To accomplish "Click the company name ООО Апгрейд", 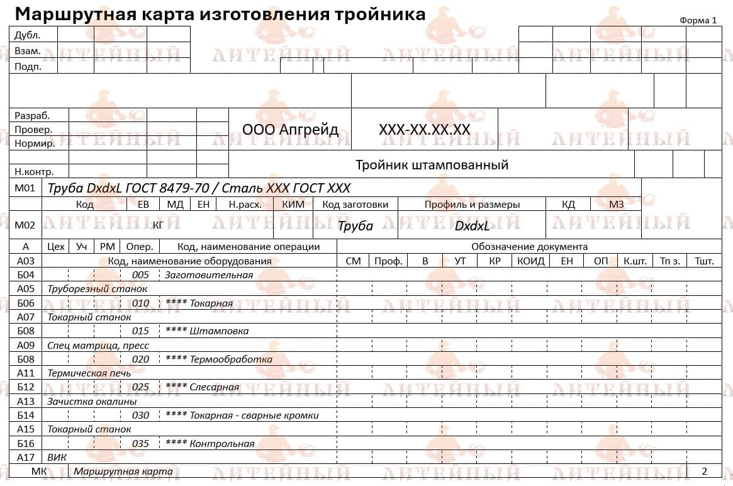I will pyautogui.click(x=290, y=130).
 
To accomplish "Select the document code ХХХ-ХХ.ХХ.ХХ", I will pyautogui.click(x=424, y=130).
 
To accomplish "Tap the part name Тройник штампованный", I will pyautogui.click(x=432, y=165).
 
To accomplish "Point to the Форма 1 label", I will pyautogui.click(x=698, y=20).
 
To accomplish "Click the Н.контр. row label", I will pyautogui.click(x=34, y=171).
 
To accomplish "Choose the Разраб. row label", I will pyautogui.click(x=32, y=116).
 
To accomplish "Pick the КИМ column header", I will pyautogui.click(x=293, y=204).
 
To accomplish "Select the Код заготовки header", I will pyautogui.click(x=355, y=204).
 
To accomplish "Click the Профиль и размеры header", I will pyautogui.click(x=472, y=204).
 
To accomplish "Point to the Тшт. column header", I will pyautogui.click(x=704, y=261).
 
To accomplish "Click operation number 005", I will pyautogui.click(x=140, y=274).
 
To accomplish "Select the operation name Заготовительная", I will pyautogui.click(x=209, y=274).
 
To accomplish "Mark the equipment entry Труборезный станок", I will pyautogui.click(x=98, y=288).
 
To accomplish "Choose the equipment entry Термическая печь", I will pyautogui.click(x=89, y=373).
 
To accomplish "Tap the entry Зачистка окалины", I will pyautogui.click(x=92, y=401).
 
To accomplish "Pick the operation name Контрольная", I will pyautogui.click(x=221, y=443).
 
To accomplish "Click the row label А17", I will pyautogui.click(x=26, y=457).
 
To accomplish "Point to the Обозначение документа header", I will pyautogui.click(x=529, y=247).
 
